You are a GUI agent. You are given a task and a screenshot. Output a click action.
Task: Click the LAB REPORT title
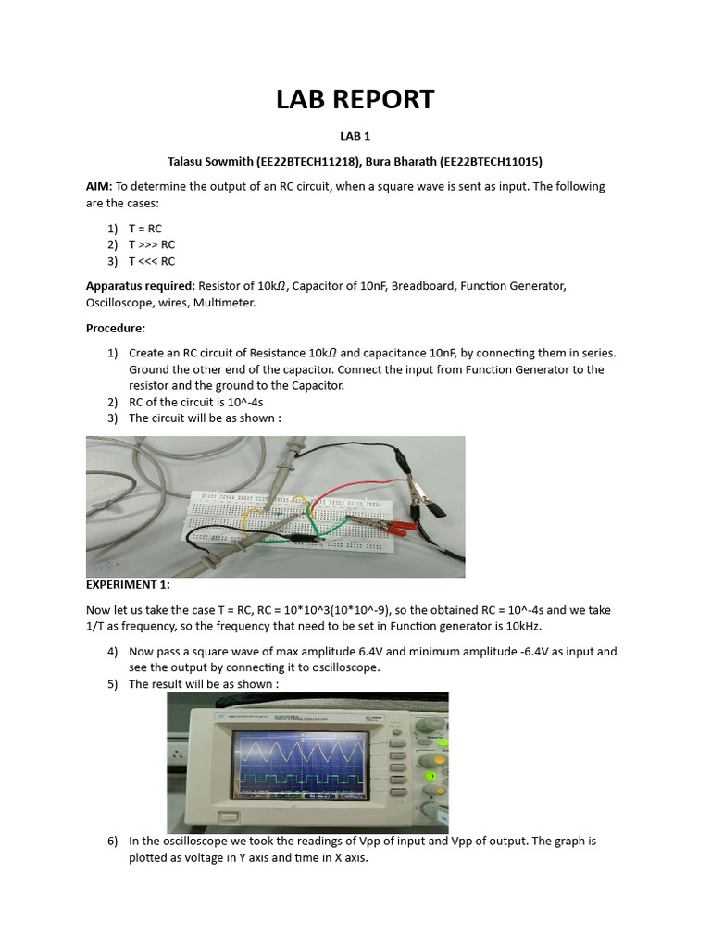tap(355, 99)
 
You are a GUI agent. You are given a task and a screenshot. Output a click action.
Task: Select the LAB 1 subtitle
tap(355, 136)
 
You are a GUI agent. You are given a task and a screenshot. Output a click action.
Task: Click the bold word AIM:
tap(99, 186)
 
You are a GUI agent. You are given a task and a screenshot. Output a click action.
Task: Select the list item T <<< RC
tap(152, 261)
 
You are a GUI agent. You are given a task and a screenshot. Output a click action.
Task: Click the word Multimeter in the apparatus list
tap(223, 303)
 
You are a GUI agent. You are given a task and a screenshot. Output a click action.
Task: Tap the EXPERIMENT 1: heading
tap(129, 585)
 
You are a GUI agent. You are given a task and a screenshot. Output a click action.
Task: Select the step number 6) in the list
tap(113, 842)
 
